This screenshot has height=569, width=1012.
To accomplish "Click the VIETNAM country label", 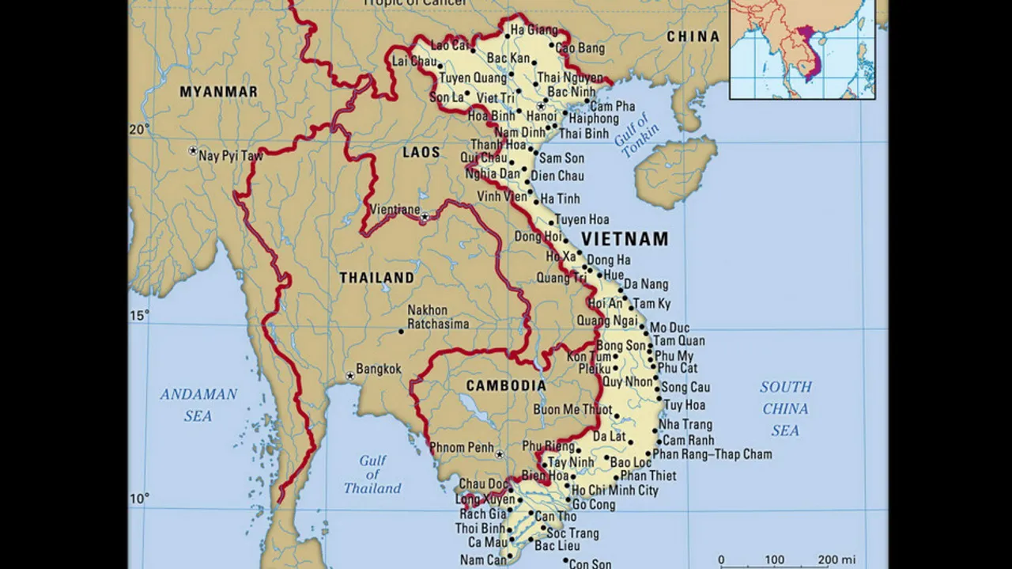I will tap(625, 239).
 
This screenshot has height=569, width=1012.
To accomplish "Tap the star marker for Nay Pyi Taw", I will tap(192, 150).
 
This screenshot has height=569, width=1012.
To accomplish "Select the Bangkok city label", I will tap(379, 369).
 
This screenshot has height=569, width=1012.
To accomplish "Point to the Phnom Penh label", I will tap(462, 448).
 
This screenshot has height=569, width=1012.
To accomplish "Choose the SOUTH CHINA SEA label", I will tap(785, 408).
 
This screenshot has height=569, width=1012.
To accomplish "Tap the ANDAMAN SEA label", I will tap(198, 404).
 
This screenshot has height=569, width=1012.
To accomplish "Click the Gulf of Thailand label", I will tap(372, 474).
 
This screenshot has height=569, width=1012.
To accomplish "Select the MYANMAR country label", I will tap(218, 92).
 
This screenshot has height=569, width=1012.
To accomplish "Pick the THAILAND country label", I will tap(376, 278).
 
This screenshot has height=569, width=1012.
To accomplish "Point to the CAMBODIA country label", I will tap(506, 385).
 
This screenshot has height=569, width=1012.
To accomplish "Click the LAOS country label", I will tap(421, 153).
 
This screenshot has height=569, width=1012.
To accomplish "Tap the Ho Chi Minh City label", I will tap(615, 491).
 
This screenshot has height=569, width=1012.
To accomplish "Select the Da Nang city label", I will tap(646, 284).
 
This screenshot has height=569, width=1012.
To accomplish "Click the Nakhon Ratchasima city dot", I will tap(401, 331).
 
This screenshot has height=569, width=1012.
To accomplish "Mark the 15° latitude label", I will tap(139, 315).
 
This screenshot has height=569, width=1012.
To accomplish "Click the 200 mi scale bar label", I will tap(836, 560).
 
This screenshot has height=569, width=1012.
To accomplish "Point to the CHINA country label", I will tap(693, 36).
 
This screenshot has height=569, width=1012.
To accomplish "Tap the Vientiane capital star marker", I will tap(425, 216).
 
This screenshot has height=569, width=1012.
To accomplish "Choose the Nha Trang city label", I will tap(685, 425).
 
